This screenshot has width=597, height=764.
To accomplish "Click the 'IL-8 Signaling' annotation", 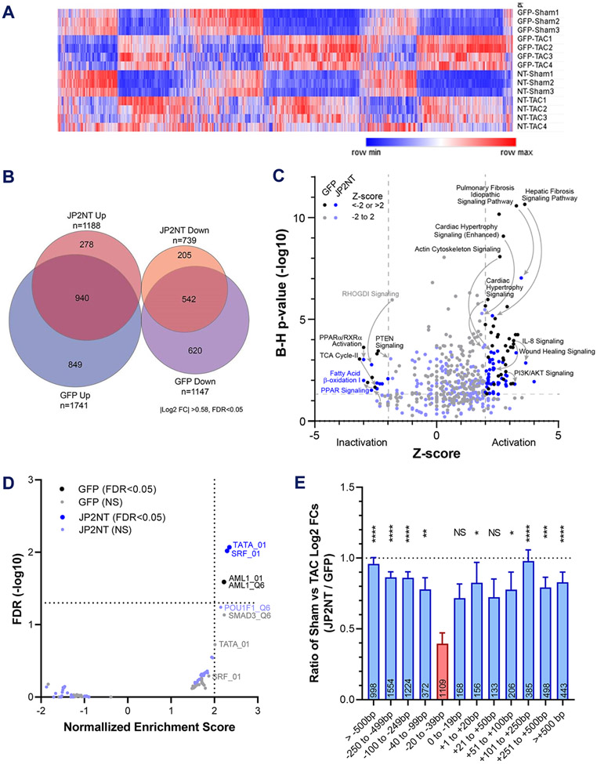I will tap(541, 342).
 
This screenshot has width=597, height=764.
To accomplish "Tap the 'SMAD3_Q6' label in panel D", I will tap(244, 616).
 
